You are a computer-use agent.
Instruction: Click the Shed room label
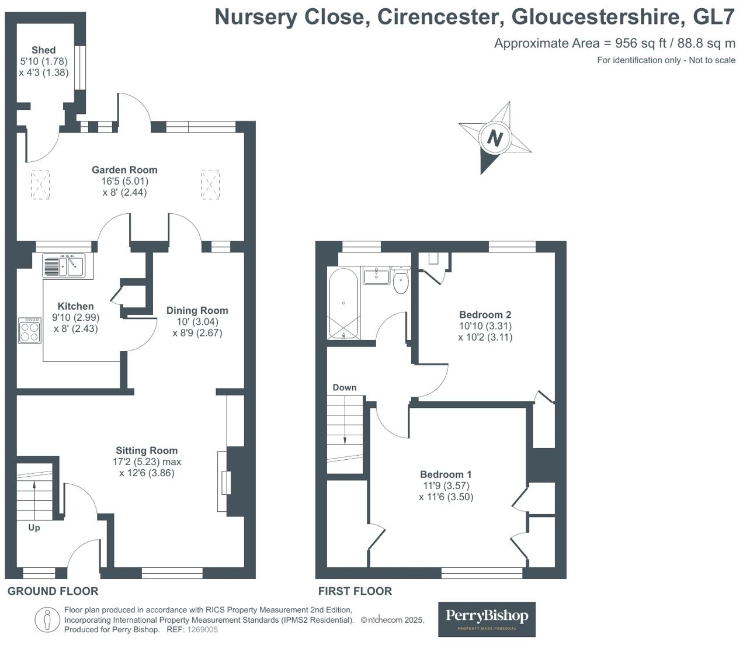pos(44,50)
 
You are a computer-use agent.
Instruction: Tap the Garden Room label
pos(124,170)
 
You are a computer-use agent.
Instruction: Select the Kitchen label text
pos(75,306)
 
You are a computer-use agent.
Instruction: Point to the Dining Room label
pos(197,310)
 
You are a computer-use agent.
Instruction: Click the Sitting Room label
pos(147,450)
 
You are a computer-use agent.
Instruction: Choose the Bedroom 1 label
pos(446,474)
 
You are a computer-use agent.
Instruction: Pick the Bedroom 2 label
pos(485,314)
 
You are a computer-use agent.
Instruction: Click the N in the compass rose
pos(495,138)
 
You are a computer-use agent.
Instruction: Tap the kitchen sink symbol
pos(64,266)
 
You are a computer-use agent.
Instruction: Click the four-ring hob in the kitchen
pos(30,331)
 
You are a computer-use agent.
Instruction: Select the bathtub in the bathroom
pos(343,303)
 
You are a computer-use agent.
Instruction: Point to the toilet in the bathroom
pos(401,280)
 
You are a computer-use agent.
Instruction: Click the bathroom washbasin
pos(377,275)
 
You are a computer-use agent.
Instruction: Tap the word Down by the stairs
pos(345,387)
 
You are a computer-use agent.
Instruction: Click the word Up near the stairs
pos(34,528)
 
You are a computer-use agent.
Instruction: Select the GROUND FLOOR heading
pos(53,591)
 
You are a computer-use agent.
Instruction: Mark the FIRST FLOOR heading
pos(355,591)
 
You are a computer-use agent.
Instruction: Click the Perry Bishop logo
pos(487,619)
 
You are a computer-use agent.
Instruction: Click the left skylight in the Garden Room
pos(40,185)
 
